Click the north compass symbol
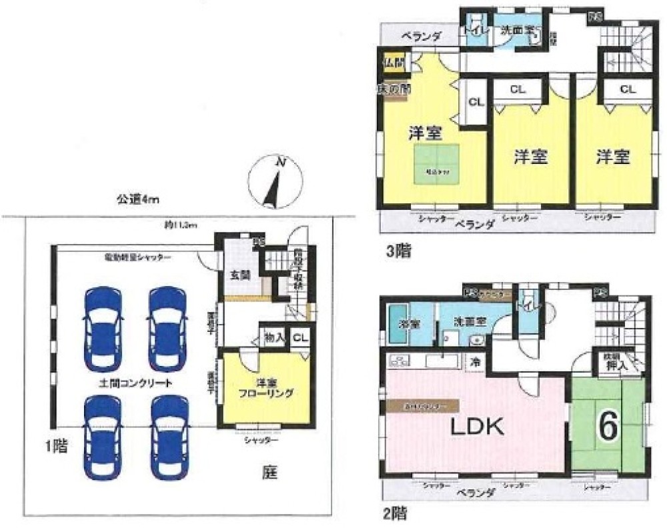[274, 181]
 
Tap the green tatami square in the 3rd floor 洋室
[438, 163]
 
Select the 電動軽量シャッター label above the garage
[137, 257]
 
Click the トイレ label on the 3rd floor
[474, 31]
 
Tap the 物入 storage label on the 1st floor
[275, 338]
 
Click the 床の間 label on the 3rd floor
[393, 87]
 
